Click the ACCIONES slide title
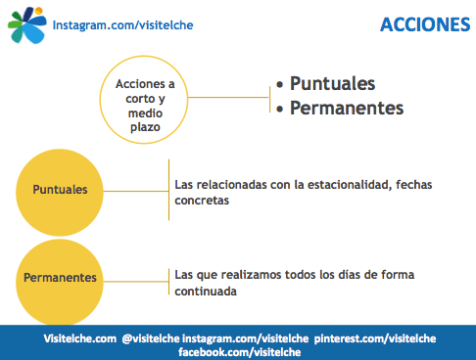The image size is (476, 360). (424, 24)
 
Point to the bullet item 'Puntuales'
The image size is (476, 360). (332, 83)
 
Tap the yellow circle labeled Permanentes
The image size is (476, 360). (59, 276)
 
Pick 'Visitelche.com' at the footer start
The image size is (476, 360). (78, 339)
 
